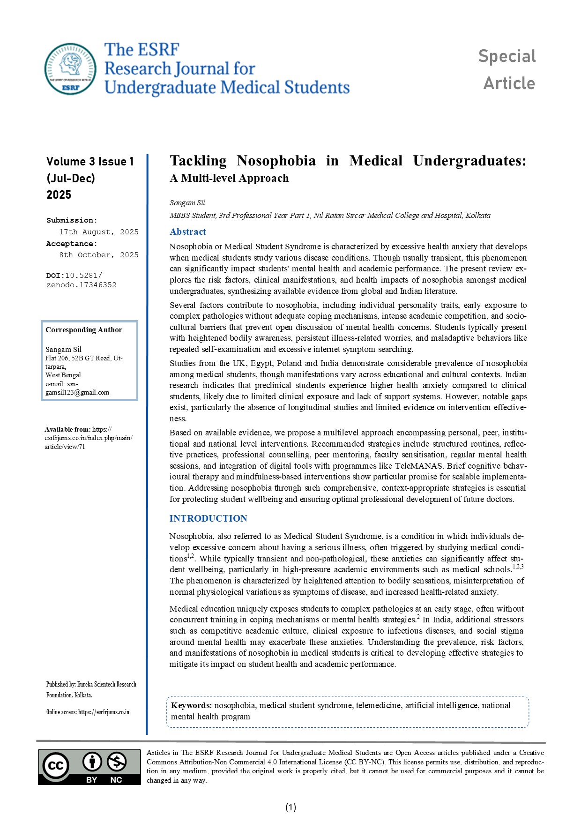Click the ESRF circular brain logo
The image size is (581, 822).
click(70, 68)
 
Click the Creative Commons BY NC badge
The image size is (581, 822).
click(89, 766)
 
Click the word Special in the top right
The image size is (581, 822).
click(507, 56)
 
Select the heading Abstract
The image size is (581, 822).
click(187, 232)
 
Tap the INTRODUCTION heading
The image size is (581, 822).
click(208, 518)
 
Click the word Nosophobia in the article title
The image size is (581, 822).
click(276, 161)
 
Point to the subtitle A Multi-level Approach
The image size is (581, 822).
click(229, 178)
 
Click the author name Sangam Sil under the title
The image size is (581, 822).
click(187, 203)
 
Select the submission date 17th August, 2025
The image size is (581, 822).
click(98, 232)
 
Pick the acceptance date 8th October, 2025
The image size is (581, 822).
click(98, 255)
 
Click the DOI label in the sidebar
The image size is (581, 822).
click(55, 276)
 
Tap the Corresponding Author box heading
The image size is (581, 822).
click(84, 330)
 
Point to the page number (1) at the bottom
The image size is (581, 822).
click(290, 807)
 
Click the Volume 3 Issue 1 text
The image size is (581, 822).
click(90, 162)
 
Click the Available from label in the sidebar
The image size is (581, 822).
click(67, 429)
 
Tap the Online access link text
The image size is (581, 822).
click(88, 712)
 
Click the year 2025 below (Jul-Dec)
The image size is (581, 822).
click(59, 195)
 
